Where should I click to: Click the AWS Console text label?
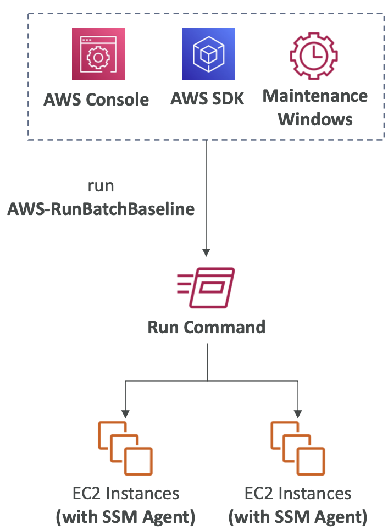(x=97, y=100)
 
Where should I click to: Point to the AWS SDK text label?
(x=207, y=98)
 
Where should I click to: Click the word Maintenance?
(x=315, y=96)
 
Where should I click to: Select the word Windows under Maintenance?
(x=315, y=119)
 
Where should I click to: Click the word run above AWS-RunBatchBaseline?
(x=101, y=185)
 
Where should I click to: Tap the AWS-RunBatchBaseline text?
(x=101, y=209)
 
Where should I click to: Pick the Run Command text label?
(x=207, y=327)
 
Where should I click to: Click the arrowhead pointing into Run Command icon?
(x=206, y=252)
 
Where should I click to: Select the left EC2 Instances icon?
(x=125, y=448)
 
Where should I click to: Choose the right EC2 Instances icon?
(x=297, y=448)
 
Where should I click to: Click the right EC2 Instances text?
(x=297, y=493)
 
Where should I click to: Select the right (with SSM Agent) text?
(x=297, y=516)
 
